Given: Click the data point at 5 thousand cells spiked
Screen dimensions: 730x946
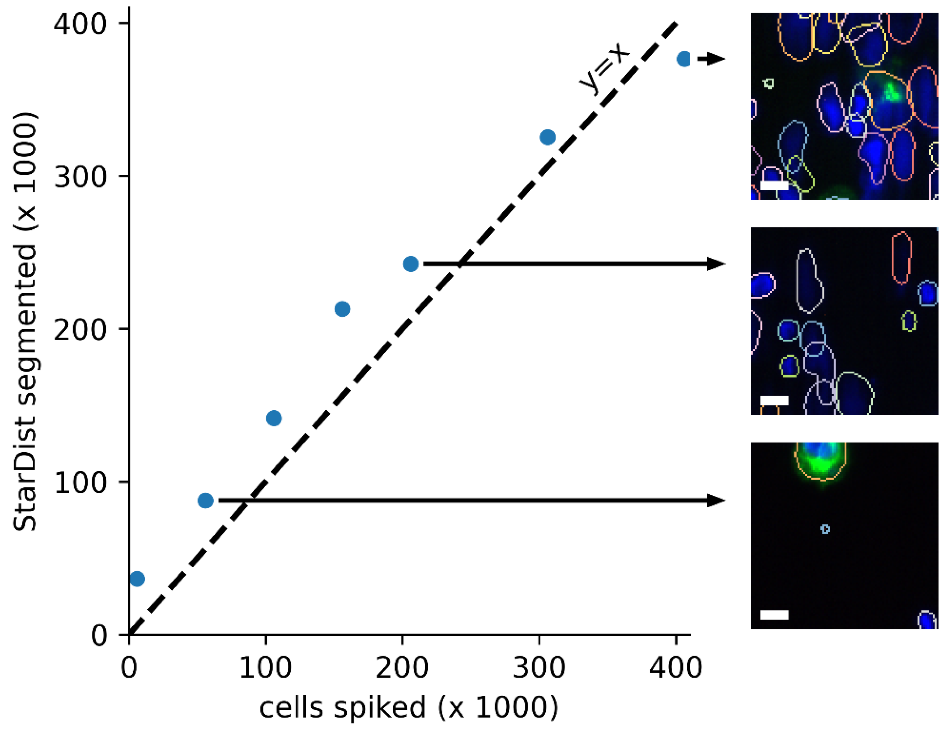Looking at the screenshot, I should [137, 578].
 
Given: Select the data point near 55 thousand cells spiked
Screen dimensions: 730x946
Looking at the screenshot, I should [205, 500].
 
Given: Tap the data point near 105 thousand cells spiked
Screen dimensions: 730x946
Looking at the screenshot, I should [274, 418].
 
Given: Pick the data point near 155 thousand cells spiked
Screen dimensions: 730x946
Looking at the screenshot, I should [342, 309].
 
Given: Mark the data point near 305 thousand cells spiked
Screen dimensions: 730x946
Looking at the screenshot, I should [547, 137].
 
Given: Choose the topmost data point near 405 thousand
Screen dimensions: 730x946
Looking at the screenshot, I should [684, 59].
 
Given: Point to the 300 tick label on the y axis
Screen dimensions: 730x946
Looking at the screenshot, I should [80, 176].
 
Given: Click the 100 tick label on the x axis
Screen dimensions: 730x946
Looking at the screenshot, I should [265, 668].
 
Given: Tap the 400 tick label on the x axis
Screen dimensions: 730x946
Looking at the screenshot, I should [676, 668].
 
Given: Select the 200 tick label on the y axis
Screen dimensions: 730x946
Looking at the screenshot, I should [80, 329].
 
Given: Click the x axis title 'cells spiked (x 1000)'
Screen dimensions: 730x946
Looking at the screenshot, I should [408, 707].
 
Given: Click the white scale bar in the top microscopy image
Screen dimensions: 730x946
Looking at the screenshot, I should [774, 185].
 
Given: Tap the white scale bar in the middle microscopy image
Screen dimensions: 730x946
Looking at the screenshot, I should [774, 400].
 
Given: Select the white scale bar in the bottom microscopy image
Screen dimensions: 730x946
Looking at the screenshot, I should [774, 615].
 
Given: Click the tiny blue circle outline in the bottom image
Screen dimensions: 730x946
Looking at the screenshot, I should [825, 529].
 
